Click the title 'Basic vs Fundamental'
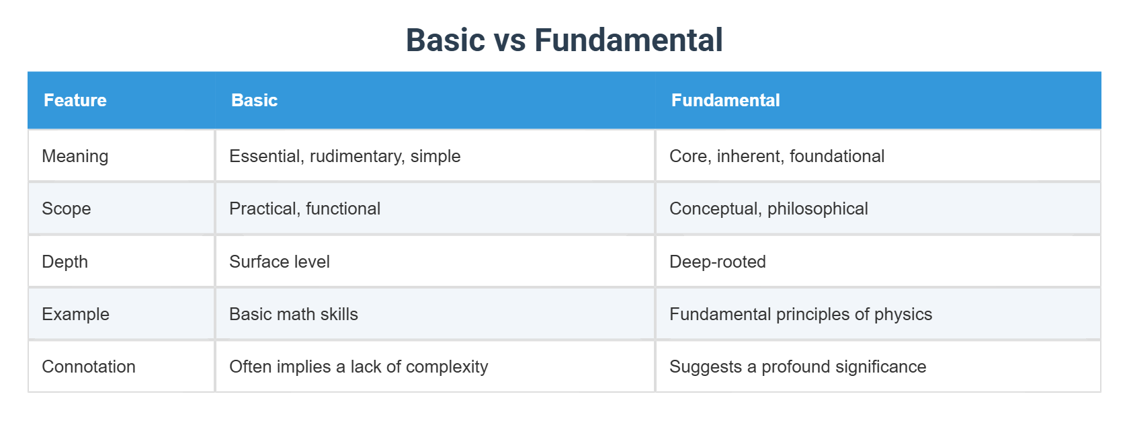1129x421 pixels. coord(564,40)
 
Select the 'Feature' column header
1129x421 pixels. coord(75,100)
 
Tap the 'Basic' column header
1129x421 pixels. coord(254,100)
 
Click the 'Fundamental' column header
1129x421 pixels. coord(725,100)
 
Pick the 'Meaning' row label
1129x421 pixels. coord(75,156)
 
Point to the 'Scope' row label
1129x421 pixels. coord(67,208)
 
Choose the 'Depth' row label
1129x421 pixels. coord(65,262)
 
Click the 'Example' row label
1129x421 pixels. coord(76,314)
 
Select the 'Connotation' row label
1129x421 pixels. coord(89,367)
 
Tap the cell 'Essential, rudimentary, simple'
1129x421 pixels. coord(345,156)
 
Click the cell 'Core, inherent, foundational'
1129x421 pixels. coord(776,156)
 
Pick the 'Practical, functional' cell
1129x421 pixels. coord(304,208)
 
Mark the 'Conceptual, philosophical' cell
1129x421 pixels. coord(768,208)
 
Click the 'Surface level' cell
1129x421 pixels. coord(280,262)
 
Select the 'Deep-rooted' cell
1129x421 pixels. coord(717,262)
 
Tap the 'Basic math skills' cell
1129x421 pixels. coord(294,314)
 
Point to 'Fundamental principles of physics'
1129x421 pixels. coord(800,314)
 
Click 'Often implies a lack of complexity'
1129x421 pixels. coord(358,367)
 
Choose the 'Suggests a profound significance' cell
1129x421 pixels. coord(798,367)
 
